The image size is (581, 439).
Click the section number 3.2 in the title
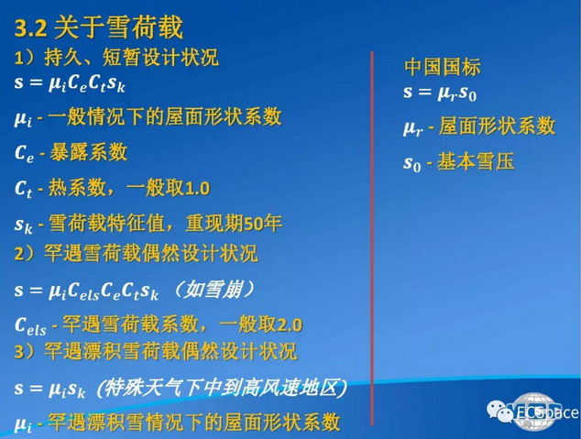point(31,29)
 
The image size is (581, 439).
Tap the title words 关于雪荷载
point(118,27)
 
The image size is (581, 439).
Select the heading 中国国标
point(442,67)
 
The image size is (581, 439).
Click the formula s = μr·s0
point(440,93)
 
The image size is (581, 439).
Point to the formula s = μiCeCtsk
point(70,83)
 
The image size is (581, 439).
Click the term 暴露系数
point(89,152)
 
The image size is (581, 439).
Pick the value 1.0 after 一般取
point(197,188)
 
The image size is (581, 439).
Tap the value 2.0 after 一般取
point(290,325)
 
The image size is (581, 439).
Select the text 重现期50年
point(234,223)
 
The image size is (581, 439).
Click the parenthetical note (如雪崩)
point(214,290)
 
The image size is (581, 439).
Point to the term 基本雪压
point(476,161)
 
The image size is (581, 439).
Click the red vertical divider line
point(372,238)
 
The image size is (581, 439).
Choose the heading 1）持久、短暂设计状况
point(116,58)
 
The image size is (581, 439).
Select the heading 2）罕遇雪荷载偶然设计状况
point(136,253)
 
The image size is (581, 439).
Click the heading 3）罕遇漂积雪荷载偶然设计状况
point(156,351)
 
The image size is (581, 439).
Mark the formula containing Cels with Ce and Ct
point(87,291)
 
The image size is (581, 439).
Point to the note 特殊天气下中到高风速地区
point(222,388)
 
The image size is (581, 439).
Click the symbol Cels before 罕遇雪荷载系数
point(30,326)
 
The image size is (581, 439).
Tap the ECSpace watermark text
point(547,412)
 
